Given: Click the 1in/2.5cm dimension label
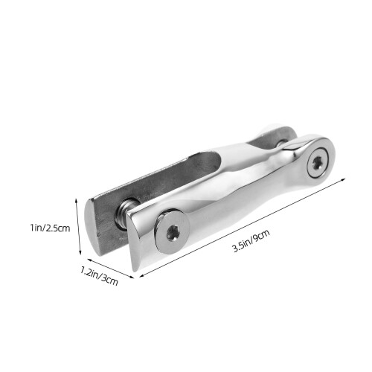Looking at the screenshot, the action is click(x=50, y=228).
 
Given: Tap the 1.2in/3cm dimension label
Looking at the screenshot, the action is click(x=99, y=275).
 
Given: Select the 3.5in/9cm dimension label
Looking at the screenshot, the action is click(x=251, y=241).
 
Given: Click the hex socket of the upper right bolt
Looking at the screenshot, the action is click(x=317, y=164).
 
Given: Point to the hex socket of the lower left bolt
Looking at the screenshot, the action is click(x=172, y=233).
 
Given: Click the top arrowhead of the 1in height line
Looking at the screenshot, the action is click(x=77, y=200).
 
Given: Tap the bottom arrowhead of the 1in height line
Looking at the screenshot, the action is click(x=80, y=252).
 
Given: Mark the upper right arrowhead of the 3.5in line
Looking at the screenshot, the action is click(x=343, y=179).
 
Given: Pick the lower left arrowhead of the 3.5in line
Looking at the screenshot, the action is click(x=142, y=275).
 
